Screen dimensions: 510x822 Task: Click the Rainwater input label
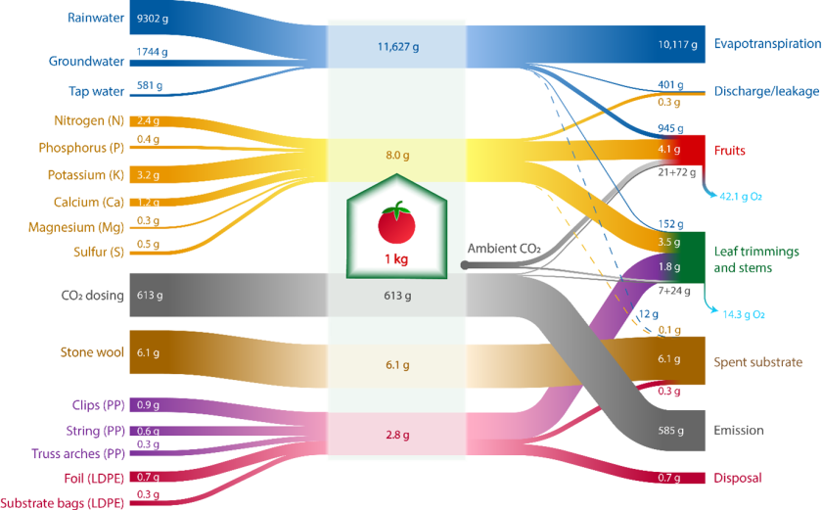pyautogui.click(x=96, y=18)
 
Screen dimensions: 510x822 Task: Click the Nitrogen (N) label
pyautogui.click(x=89, y=120)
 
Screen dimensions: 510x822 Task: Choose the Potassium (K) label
pyautogui.click(x=86, y=175)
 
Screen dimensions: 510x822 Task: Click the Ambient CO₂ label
pyautogui.click(x=504, y=249)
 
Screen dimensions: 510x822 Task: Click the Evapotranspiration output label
pyautogui.click(x=767, y=44)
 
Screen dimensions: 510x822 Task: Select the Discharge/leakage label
pyautogui.click(x=766, y=91)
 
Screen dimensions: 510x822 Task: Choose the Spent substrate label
pyautogui.click(x=758, y=361)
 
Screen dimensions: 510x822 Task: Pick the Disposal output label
pyautogui.click(x=737, y=479)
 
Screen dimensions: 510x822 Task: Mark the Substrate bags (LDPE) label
pyautogui.click(x=64, y=502)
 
